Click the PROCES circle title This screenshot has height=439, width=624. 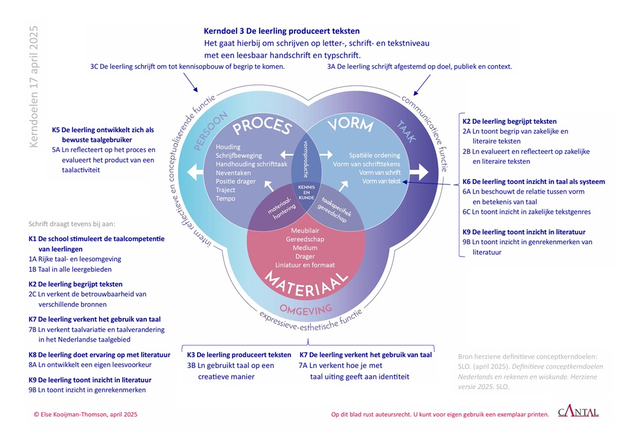click(x=261, y=127)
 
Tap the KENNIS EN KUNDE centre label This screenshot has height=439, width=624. click(x=306, y=193)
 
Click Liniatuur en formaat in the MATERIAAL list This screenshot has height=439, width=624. click(x=306, y=265)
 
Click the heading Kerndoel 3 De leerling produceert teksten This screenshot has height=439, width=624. click(x=282, y=31)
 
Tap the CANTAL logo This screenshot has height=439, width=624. click(x=578, y=413)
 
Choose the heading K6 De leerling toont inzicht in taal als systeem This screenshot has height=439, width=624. click(x=533, y=182)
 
